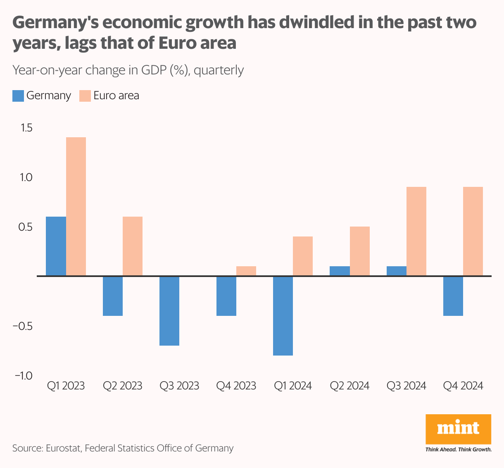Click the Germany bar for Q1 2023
pyautogui.click(x=56, y=246)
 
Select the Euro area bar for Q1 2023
pyautogui.click(x=76, y=206)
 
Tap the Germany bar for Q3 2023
pyautogui.click(x=169, y=310)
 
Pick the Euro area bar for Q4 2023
pyautogui.click(x=246, y=271)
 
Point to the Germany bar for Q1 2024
pyautogui.click(x=283, y=315)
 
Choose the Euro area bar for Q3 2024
pyautogui.click(x=416, y=231)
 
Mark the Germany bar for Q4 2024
pyautogui.click(x=453, y=296)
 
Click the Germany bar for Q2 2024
pyautogui.click(x=340, y=271)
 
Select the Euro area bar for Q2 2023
pyautogui.click(x=133, y=246)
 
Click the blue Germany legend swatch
pyautogui.click(x=18, y=96)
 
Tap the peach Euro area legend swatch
pyautogui.click(x=85, y=96)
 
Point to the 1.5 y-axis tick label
pyautogui.click(x=26, y=128)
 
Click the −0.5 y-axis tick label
pyautogui.click(x=23, y=326)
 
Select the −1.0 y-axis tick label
pyautogui.click(x=23, y=376)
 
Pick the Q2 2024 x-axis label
pyautogui.click(x=349, y=386)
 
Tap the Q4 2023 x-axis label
pyautogui.click(x=236, y=386)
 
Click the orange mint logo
pyautogui.click(x=458, y=429)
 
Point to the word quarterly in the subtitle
pyautogui.click(x=219, y=70)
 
